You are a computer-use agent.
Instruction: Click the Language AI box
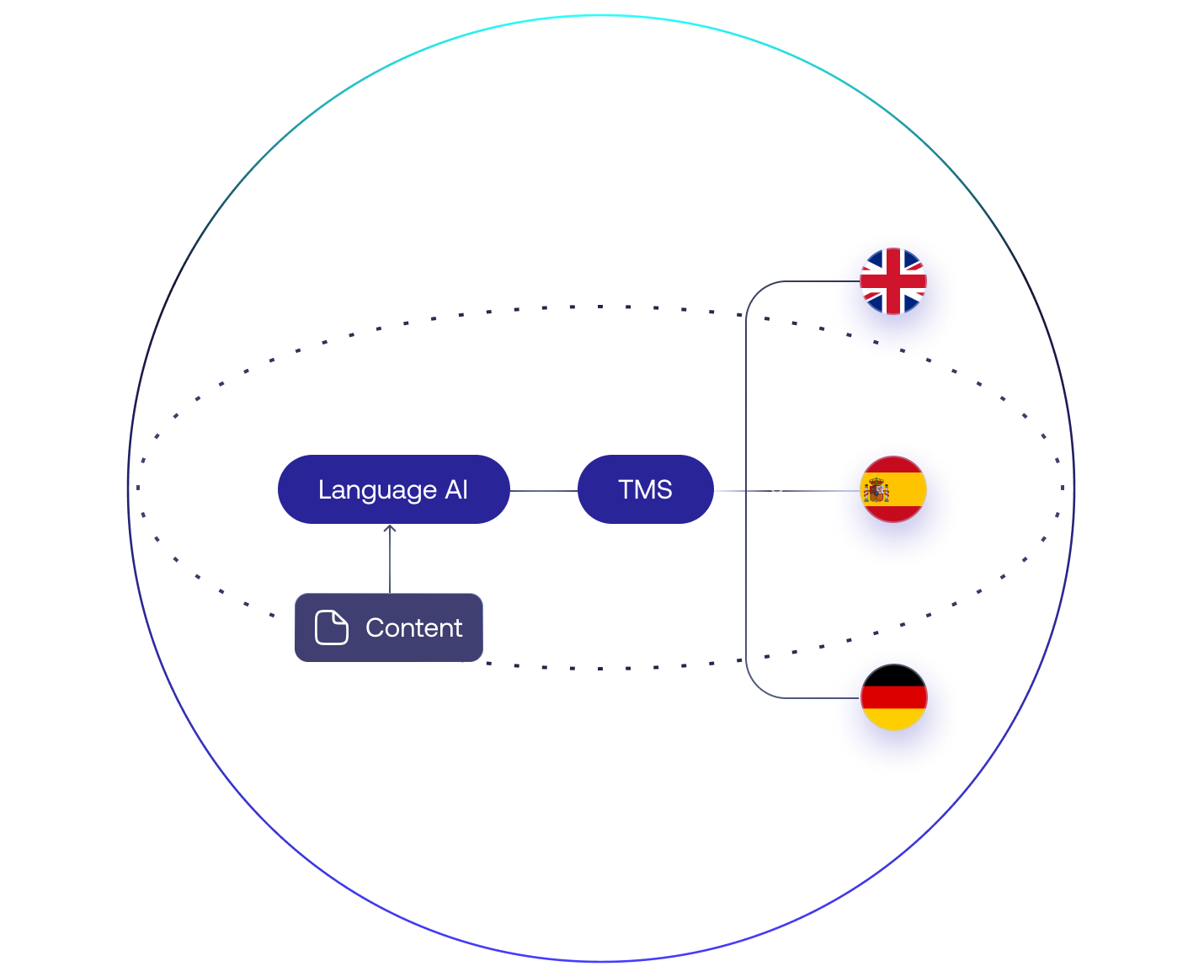click(x=393, y=489)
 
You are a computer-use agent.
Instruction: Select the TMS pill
click(x=645, y=489)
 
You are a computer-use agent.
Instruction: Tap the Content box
click(x=388, y=627)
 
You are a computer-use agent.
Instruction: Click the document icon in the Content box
click(x=331, y=627)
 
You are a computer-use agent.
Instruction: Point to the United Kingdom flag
click(x=893, y=281)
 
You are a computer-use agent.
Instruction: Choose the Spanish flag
click(x=893, y=490)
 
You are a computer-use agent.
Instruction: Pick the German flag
click(x=893, y=697)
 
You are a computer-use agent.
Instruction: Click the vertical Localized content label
click(x=775, y=485)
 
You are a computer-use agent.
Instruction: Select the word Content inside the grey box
click(x=413, y=627)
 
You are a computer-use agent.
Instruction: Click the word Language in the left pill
click(x=377, y=490)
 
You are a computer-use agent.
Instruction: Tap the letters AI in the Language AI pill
click(x=456, y=489)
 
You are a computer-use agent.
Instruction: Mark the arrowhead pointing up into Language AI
click(x=390, y=529)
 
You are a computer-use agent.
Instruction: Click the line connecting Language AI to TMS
click(x=543, y=490)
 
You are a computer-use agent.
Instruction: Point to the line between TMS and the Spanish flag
click(x=731, y=490)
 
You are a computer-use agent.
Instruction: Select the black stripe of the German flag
click(x=893, y=675)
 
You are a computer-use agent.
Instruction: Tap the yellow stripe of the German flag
click(x=893, y=719)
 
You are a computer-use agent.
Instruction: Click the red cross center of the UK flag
click(x=893, y=281)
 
